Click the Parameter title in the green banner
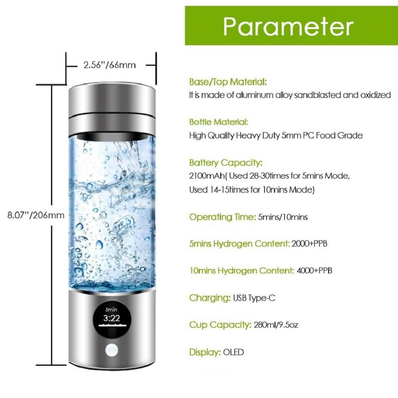click(288, 26)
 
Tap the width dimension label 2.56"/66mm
click(110, 65)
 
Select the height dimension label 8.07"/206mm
click(36, 215)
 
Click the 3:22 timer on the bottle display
click(112, 318)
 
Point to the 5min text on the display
click(111, 310)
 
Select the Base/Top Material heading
click(228, 82)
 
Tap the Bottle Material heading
click(218, 122)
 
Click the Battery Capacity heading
click(226, 163)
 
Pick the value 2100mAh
click(207, 176)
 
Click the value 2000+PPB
click(309, 244)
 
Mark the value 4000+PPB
click(315, 271)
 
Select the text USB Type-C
click(254, 298)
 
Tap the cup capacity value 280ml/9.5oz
click(276, 325)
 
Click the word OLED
click(234, 352)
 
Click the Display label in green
click(205, 352)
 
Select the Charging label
click(210, 298)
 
